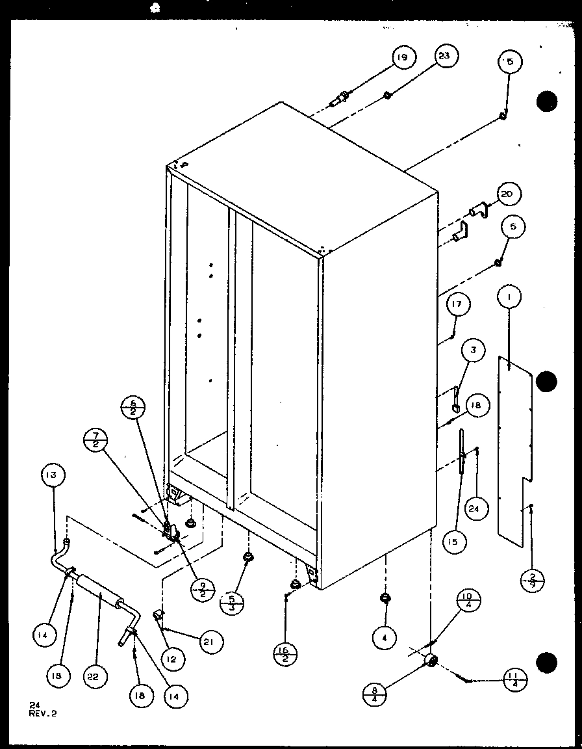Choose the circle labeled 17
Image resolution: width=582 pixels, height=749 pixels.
458,306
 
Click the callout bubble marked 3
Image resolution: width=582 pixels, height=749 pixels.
474,351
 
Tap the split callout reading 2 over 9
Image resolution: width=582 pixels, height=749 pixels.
532,579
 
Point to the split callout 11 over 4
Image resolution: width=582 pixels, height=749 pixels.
514,681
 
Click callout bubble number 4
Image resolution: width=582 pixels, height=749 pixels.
385,638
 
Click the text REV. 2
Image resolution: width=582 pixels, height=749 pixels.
43,713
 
